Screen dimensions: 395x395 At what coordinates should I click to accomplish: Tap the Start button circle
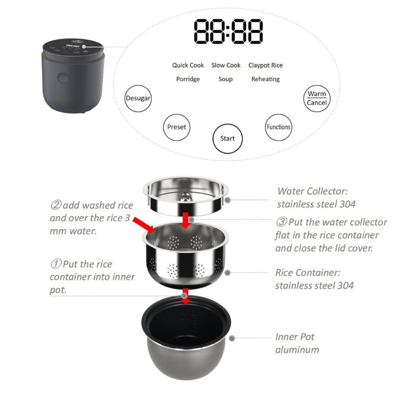227,138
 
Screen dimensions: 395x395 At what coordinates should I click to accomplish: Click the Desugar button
138,98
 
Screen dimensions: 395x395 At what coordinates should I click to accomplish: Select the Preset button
177,127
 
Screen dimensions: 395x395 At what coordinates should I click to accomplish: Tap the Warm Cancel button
317,98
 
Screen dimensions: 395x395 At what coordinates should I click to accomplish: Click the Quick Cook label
188,65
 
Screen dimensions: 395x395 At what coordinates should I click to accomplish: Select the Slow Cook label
226,65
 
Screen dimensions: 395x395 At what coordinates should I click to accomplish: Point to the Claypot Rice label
266,65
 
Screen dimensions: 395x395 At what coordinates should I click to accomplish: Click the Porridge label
188,79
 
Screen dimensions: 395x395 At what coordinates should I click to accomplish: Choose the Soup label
225,79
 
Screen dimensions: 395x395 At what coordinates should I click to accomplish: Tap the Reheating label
266,79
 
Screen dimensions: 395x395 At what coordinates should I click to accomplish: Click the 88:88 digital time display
228,32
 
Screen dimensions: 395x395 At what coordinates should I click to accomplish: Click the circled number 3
281,223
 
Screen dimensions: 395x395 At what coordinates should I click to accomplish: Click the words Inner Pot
295,337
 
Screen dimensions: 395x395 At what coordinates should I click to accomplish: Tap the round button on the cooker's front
63,78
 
